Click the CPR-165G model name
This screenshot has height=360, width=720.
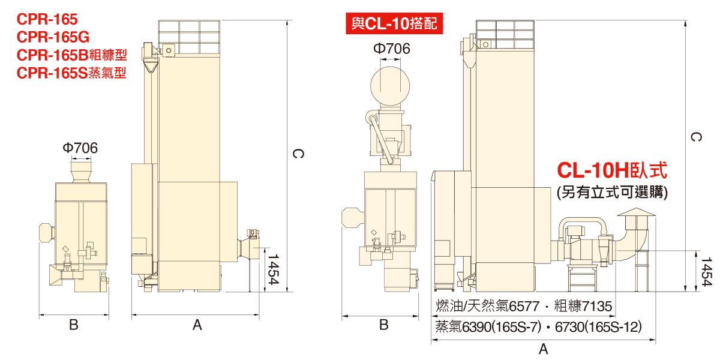(53, 37)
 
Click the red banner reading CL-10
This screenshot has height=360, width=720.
(394, 23)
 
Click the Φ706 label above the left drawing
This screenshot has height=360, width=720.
(80, 148)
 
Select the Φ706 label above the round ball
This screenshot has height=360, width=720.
(391, 49)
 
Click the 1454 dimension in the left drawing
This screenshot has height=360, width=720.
(273, 269)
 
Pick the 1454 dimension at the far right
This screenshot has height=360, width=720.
(707, 272)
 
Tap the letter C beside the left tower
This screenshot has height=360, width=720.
(298, 154)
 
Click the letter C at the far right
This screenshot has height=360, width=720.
(696, 137)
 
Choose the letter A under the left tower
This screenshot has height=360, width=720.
(197, 325)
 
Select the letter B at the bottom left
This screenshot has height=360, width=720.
(74, 325)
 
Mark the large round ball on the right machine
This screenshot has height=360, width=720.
(390, 86)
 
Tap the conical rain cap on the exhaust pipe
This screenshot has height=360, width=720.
(636, 212)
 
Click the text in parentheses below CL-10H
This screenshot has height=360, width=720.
(613, 193)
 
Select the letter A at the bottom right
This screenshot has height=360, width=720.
(543, 349)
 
